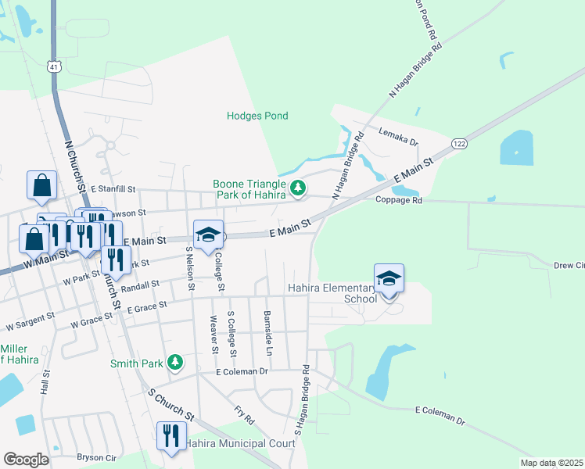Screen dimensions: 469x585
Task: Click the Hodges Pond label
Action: [x=257, y=116]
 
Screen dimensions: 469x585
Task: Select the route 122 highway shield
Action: [x=459, y=143]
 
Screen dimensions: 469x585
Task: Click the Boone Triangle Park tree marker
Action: [x=297, y=188]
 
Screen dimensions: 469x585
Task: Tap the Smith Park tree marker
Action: [x=177, y=362]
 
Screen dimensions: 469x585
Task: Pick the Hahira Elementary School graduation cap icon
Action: [x=389, y=277]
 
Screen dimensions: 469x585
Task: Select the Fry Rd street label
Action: [x=245, y=415]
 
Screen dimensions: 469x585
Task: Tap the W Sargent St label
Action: [x=30, y=320]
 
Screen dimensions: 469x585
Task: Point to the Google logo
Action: [x=26, y=459]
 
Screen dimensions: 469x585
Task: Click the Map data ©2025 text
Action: [x=551, y=463]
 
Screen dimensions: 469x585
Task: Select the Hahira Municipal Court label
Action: [x=240, y=443]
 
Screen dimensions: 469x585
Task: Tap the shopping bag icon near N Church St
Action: [x=41, y=184]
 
